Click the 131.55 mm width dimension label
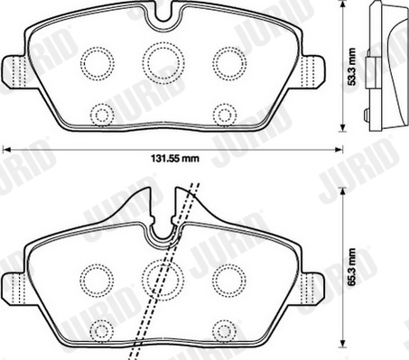pyautogui.click(x=174, y=158)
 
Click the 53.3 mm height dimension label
pyautogui.click(x=351, y=67)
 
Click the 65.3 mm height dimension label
pyautogui.click(x=352, y=267)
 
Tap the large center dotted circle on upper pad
pyautogui.click(x=163, y=63)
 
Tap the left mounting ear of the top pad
pyautogui.click(x=15, y=71)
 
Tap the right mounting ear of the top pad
pyautogui.click(x=314, y=71)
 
